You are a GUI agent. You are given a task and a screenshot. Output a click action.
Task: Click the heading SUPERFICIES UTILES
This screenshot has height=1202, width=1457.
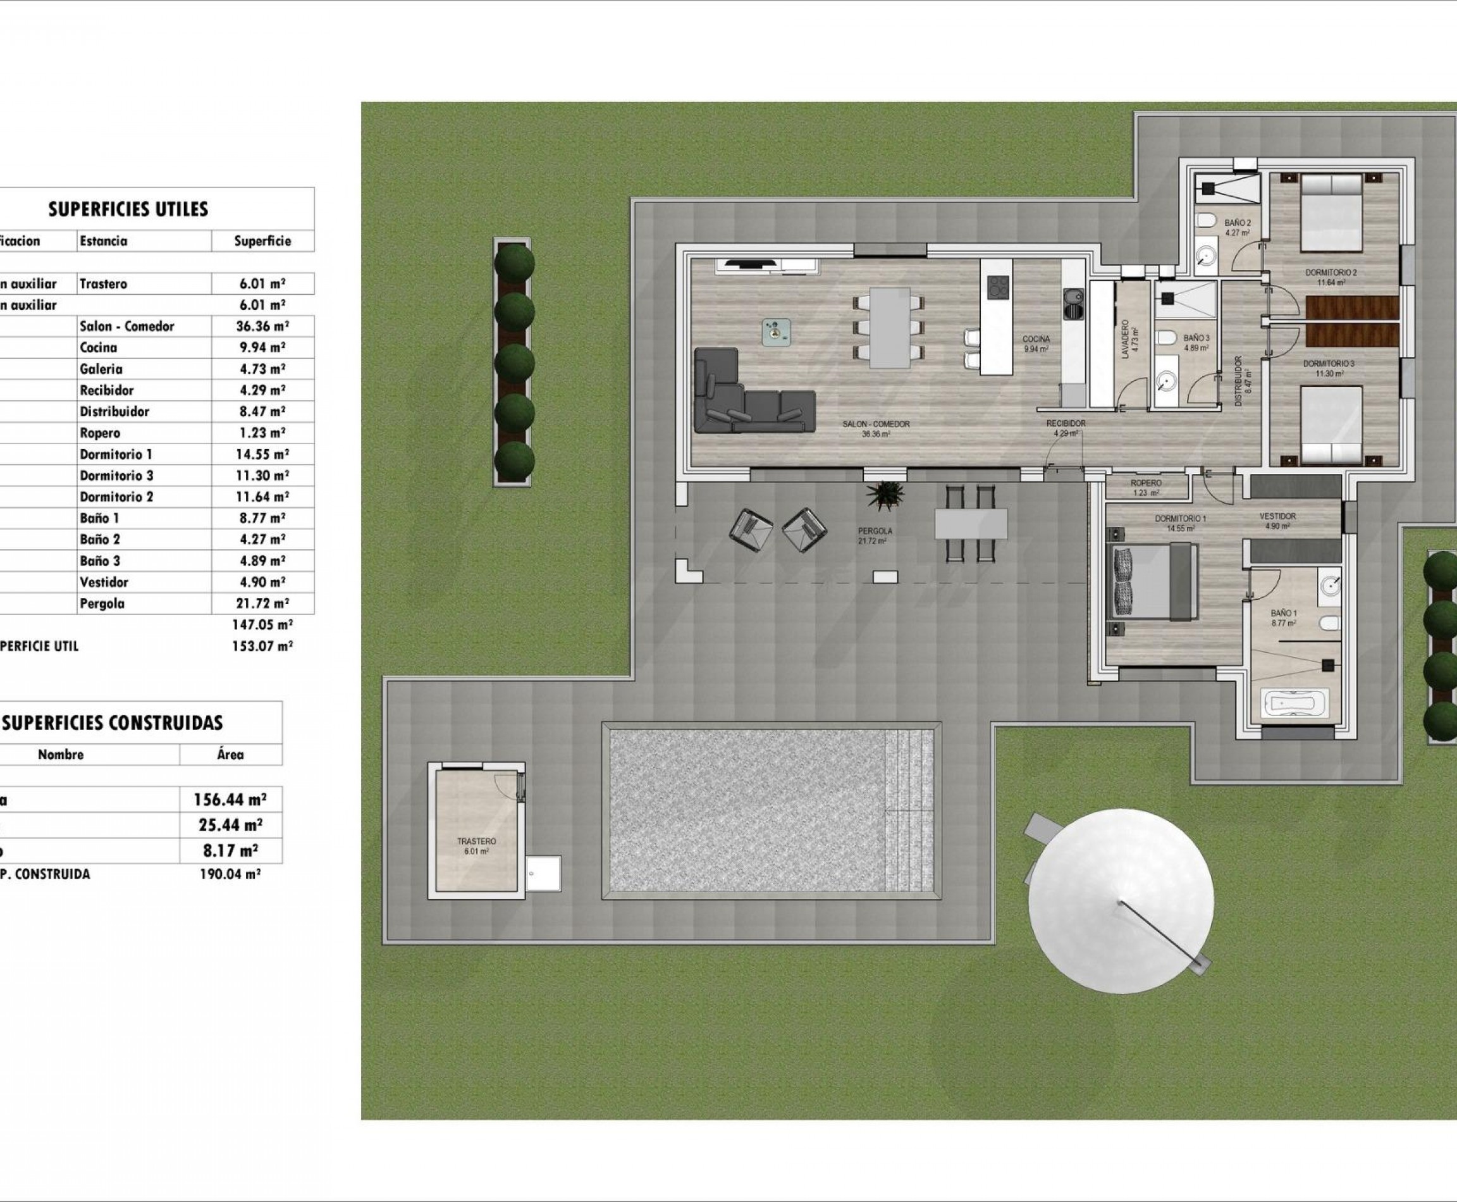pos(128,209)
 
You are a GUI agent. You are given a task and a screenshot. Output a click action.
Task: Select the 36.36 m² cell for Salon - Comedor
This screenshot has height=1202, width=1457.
pos(262,326)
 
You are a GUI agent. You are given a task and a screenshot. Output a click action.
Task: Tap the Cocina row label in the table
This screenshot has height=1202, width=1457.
pos(98,347)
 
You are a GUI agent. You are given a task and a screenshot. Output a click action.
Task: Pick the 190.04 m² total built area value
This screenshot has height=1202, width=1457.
pos(230,874)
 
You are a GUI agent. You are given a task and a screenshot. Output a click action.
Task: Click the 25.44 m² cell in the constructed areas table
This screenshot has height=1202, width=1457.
pos(230,825)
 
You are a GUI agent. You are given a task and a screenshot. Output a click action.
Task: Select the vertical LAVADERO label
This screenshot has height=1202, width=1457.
pos(1126,339)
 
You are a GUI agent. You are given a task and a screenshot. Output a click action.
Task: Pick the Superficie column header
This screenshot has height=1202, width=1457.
pos(262,241)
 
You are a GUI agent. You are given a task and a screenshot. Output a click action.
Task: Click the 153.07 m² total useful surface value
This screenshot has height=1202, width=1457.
pos(262,646)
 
